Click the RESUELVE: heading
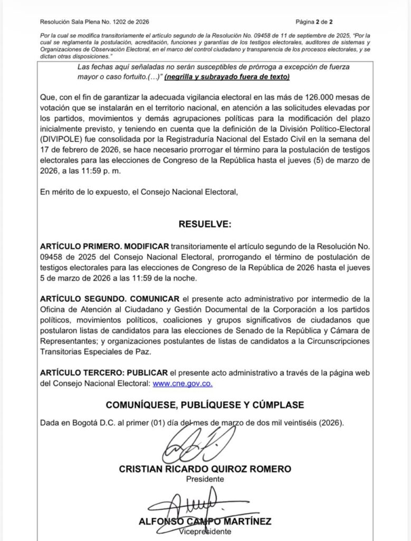[x=205, y=224]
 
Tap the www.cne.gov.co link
[x=183, y=384]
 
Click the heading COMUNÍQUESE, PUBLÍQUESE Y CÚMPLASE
[x=205, y=405]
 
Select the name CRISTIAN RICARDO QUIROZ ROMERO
[x=205, y=469]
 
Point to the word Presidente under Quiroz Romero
[x=205, y=479]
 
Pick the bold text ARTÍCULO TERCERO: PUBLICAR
[x=104, y=373]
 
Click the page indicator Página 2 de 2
[x=314, y=22]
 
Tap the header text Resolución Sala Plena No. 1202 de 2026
[x=94, y=22]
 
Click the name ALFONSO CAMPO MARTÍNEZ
[x=205, y=521]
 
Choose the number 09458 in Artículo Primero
[x=51, y=257]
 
